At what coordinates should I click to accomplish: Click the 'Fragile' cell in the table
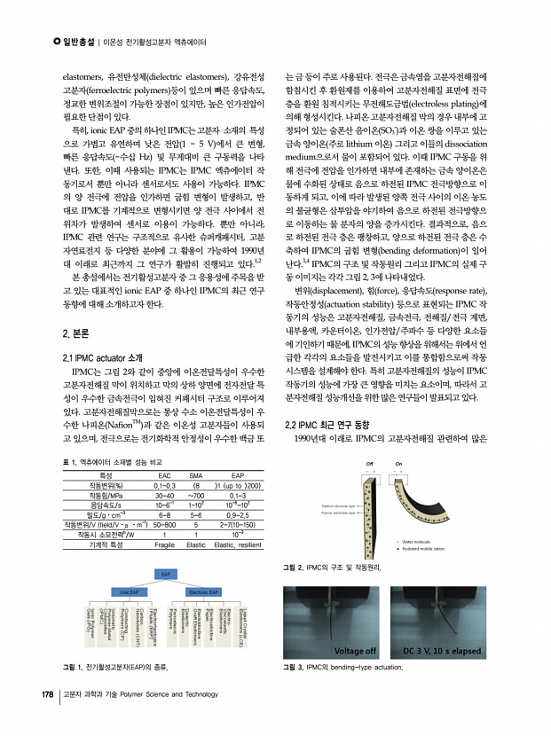pos(164,544)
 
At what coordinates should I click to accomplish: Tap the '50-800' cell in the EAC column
pos(164,524)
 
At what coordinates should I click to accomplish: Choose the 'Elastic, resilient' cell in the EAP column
pos(238,544)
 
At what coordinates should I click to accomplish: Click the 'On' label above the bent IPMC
pos(398,464)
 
